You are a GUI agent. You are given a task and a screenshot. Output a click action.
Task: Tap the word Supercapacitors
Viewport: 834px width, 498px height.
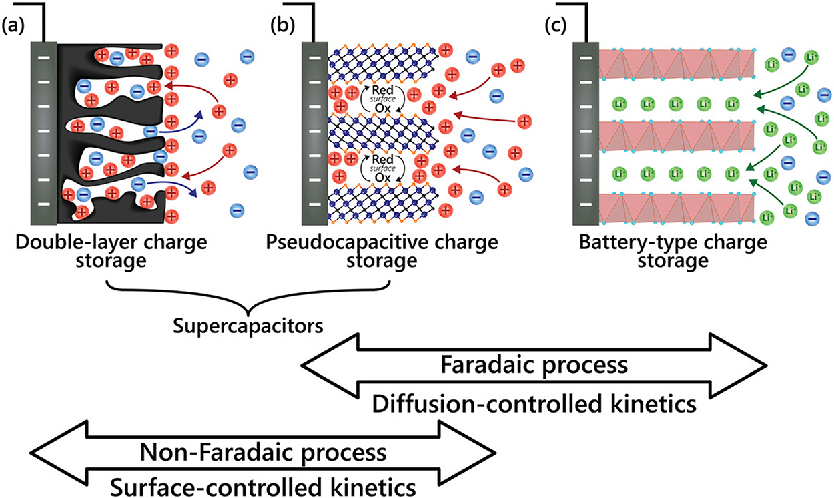248,327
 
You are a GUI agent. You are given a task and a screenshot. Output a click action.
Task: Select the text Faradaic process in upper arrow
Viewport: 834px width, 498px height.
534,365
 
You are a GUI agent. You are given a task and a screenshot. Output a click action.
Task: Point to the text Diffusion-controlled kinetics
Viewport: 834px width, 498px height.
534,403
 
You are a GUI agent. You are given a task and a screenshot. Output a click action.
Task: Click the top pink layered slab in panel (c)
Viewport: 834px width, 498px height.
677,63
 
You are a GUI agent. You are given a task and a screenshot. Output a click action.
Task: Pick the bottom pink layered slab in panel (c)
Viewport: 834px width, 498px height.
677,207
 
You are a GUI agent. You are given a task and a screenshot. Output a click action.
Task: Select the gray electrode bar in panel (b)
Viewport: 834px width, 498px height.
314,134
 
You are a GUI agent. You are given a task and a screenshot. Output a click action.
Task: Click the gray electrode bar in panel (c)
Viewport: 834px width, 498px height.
585,134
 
